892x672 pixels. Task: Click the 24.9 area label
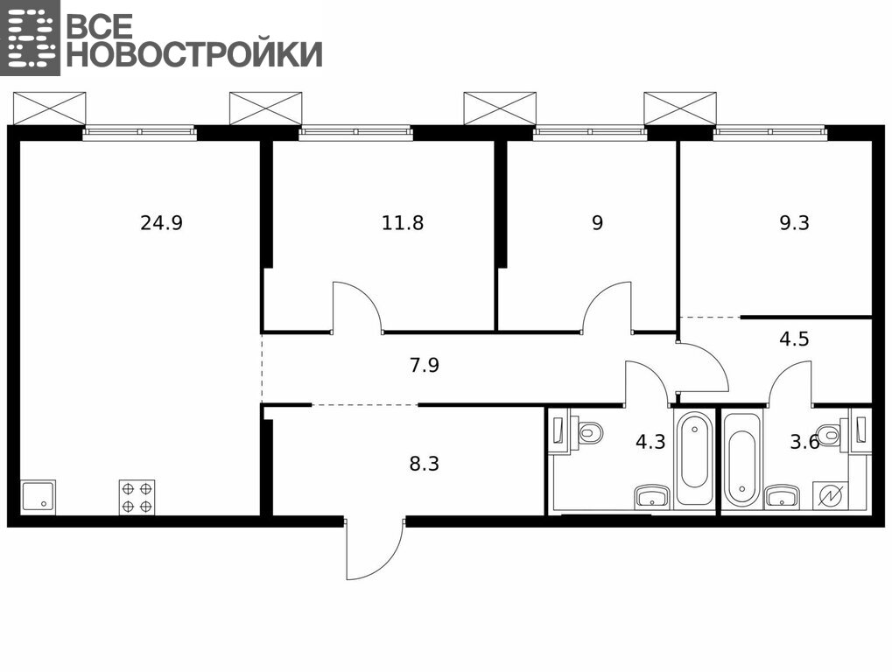[x=162, y=223]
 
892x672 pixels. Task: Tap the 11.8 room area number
[x=403, y=223]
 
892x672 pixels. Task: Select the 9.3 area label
[x=794, y=223]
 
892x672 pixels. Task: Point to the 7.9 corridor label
[x=425, y=365]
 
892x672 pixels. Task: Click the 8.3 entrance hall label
[x=425, y=464]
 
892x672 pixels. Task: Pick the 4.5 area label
[x=794, y=339]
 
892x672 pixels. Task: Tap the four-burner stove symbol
[x=137, y=498]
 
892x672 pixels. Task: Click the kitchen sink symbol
[x=39, y=498]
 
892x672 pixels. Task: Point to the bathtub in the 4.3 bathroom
[x=693, y=458]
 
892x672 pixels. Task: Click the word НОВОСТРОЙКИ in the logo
[x=195, y=54]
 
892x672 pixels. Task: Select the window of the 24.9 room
[x=140, y=133]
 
